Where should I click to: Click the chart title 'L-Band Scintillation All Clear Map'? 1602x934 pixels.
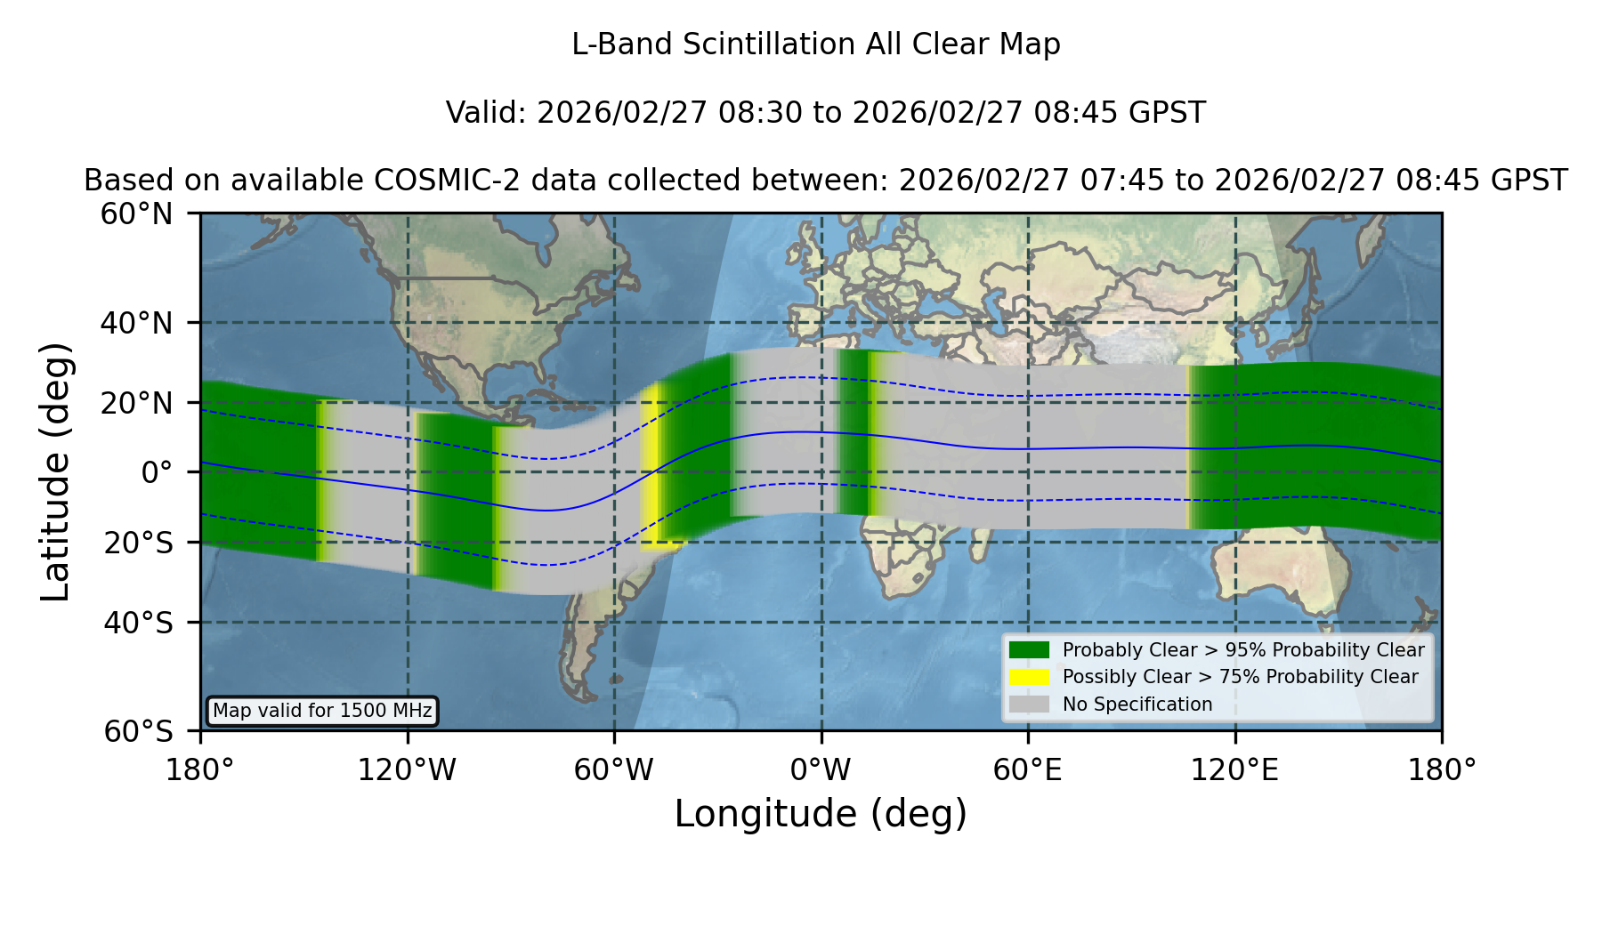pos(815,44)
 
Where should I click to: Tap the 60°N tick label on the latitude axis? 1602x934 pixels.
pos(136,213)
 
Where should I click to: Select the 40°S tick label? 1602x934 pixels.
pos(138,623)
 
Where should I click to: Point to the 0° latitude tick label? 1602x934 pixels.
pos(157,472)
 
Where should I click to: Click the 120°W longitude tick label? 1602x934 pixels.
pos(407,770)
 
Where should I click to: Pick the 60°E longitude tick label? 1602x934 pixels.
pos(1028,770)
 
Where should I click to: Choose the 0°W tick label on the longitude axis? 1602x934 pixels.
pos(821,770)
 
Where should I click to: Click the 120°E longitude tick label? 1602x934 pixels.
pos(1234,770)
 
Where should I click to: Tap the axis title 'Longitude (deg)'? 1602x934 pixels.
pos(821,814)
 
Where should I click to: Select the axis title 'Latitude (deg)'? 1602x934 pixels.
pos(55,471)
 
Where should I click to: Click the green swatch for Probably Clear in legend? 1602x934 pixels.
pos(1029,649)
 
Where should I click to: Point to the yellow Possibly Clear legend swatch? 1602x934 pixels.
pos(1029,677)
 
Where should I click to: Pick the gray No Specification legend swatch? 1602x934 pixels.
pos(1029,705)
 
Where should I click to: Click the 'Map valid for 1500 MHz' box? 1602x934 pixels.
pos(322,711)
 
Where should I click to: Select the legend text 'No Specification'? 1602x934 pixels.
pos(1137,705)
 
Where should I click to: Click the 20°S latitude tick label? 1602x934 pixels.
pos(138,543)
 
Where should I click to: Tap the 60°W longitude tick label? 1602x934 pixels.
pos(613,770)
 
